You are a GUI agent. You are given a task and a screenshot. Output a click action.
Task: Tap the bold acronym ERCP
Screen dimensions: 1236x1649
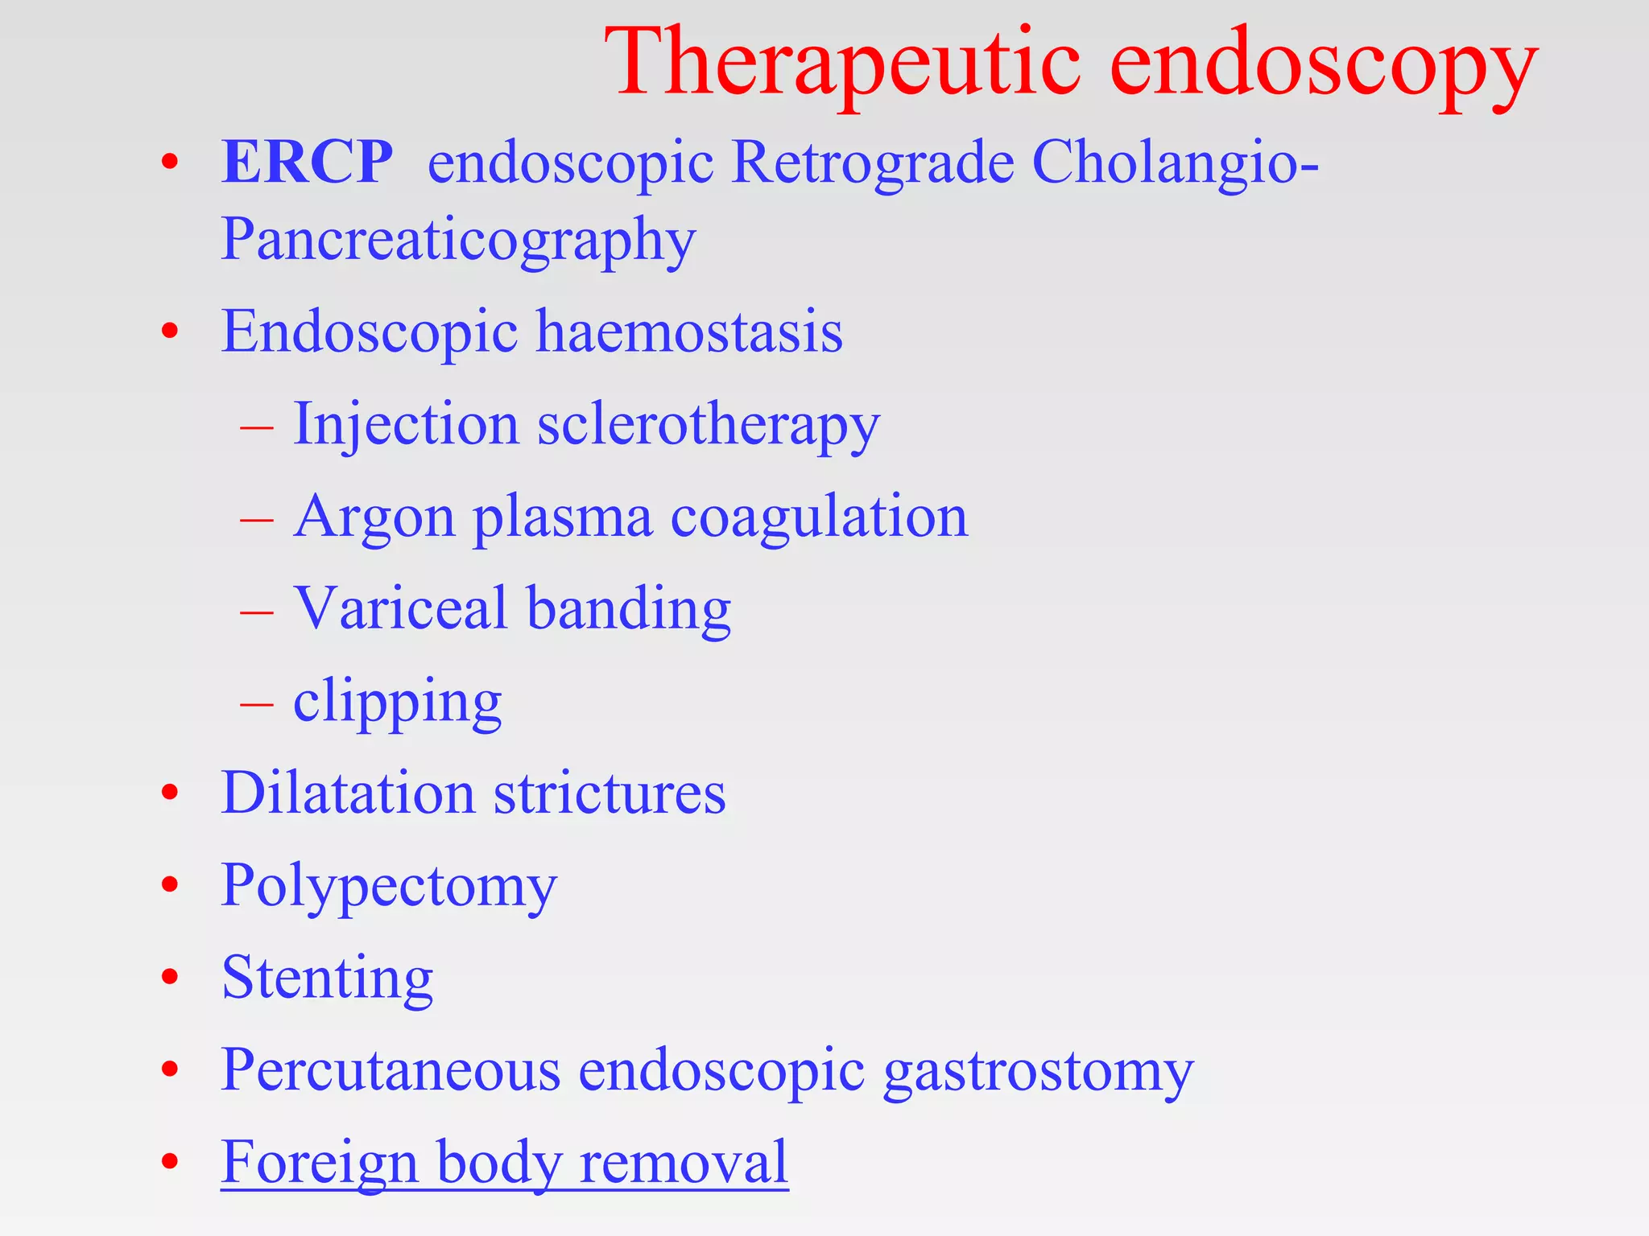307,162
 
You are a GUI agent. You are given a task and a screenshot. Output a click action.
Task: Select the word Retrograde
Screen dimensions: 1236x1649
873,162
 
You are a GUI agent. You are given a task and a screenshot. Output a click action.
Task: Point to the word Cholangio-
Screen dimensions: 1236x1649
1175,162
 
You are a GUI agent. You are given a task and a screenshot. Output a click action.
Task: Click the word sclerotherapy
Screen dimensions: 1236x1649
709,424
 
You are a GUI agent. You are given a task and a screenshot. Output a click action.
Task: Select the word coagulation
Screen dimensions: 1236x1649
819,517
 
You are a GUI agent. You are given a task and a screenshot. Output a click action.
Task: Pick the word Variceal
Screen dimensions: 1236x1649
400,608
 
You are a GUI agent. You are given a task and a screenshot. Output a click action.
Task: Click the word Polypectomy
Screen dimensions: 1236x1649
389,886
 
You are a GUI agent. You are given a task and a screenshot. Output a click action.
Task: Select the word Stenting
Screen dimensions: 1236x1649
327,978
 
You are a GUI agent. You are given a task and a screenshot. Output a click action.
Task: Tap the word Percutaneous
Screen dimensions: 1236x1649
391,1070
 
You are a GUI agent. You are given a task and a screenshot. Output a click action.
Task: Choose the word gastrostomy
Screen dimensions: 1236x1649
1038,1071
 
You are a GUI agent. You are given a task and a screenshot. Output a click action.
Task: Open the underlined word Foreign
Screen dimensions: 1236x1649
320,1163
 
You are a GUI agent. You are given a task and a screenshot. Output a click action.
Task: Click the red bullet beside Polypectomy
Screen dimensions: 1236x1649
169,885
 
